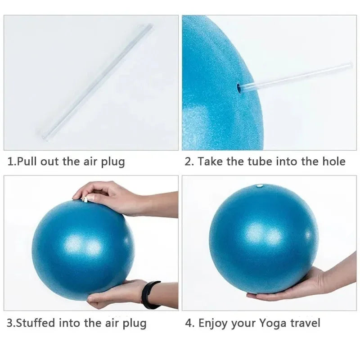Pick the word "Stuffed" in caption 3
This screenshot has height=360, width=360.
point(39,323)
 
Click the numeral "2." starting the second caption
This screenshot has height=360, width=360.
point(189,162)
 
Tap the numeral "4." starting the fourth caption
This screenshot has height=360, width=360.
point(189,323)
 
